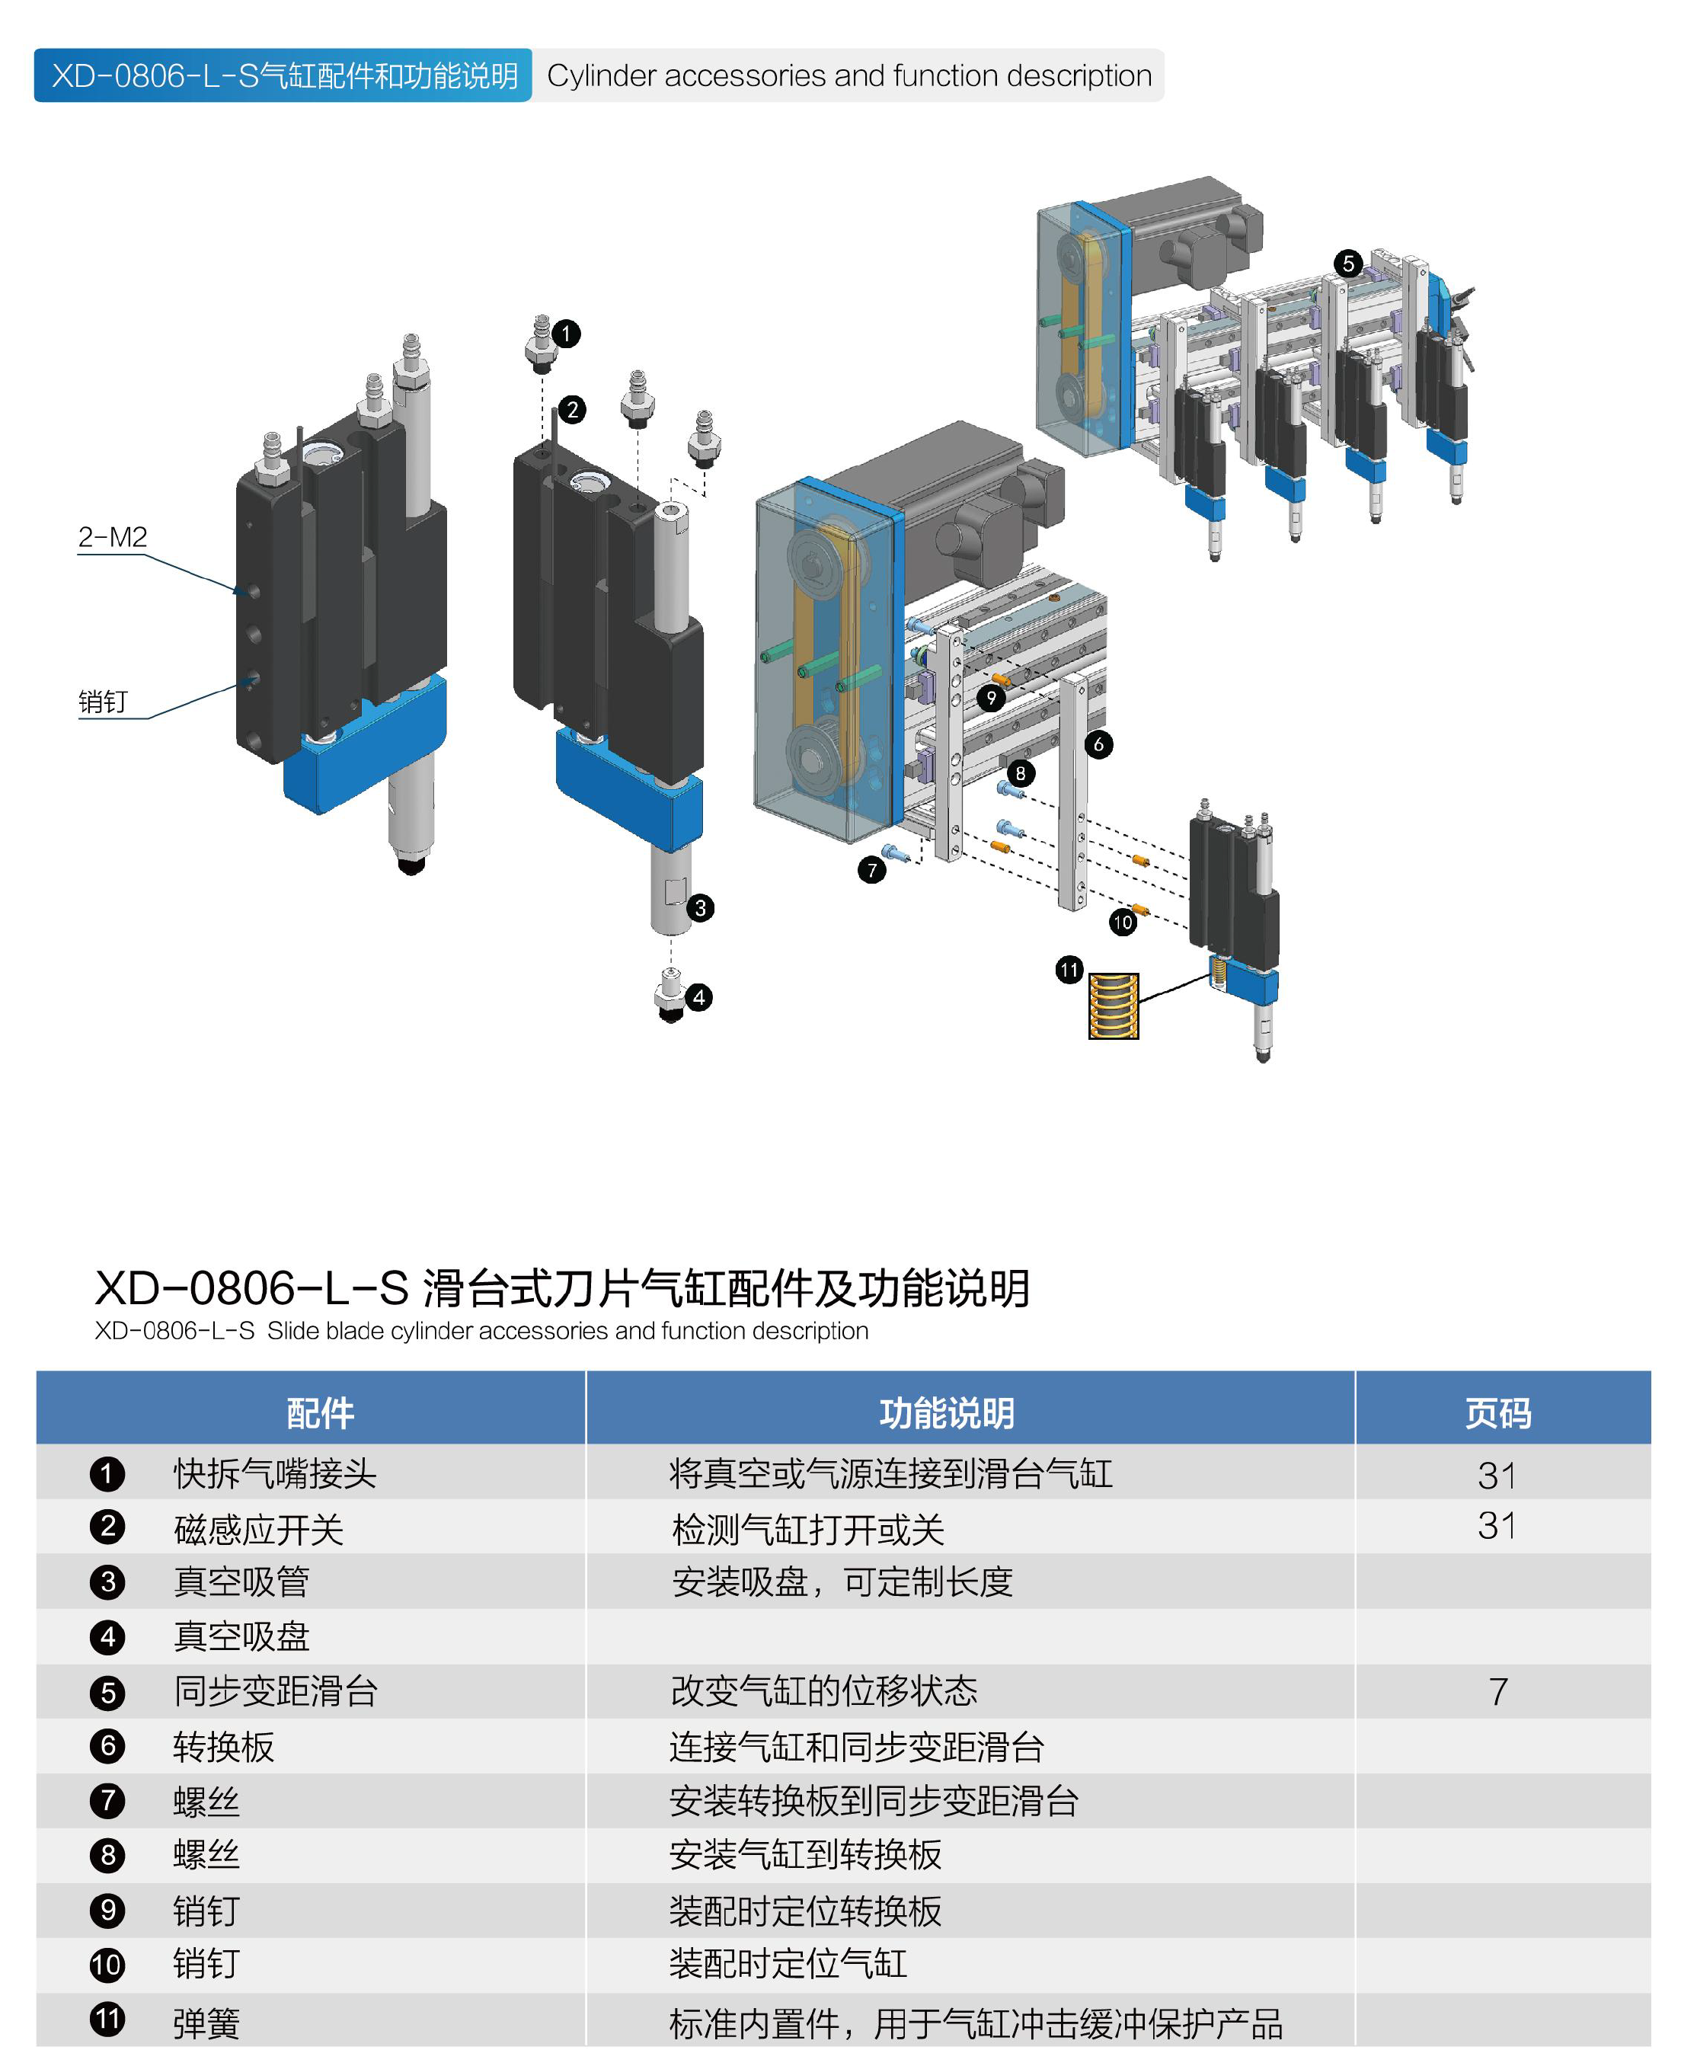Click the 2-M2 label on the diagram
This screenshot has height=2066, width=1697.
[x=113, y=537]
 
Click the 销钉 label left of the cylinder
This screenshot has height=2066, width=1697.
[x=103, y=701]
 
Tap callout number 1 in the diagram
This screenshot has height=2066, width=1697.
[x=566, y=334]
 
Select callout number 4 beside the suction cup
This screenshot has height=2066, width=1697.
[x=698, y=997]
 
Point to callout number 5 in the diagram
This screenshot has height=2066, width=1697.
[x=1348, y=263]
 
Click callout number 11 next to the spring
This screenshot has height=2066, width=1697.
[x=1069, y=970]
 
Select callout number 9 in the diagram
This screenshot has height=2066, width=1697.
[x=991, y=698]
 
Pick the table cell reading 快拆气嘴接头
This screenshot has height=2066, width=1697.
[x=275, y=1473]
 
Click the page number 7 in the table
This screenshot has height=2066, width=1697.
[x=1497, y=1691]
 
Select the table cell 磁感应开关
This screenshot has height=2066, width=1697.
[x=258, y=1529]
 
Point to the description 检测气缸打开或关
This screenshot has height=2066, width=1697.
[x=807, y=1529]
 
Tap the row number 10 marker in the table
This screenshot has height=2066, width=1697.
[x=107, y=1965]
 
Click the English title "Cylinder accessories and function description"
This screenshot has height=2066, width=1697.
[x=848, y=75]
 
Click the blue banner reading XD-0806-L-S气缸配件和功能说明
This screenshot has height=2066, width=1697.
[x=283, y=75]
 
